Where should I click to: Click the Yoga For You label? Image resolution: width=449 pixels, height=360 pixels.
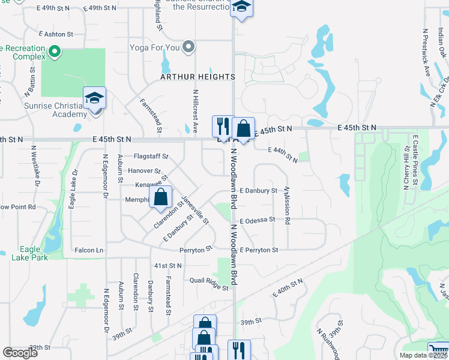coord(155,47)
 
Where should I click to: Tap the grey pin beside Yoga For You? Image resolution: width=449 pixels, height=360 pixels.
coord(189,46)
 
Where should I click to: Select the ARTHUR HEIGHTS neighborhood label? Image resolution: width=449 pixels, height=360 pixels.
coord(197,77)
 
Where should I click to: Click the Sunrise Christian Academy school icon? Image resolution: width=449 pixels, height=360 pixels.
coord(94,98)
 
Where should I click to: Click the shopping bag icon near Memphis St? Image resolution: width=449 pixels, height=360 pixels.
coord(161,197)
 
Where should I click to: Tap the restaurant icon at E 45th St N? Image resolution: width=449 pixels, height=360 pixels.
coord(223,127)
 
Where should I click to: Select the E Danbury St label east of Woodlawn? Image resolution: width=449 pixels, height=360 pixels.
coord(258,191)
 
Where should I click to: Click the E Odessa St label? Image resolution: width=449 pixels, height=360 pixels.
coord(258,220)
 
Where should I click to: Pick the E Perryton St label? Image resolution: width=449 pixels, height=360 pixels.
coord(259,250)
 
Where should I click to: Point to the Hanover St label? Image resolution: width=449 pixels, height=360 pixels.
coord(144,171)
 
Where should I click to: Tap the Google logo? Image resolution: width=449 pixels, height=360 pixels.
coord(20,353)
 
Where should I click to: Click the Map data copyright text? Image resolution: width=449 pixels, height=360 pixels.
coord(424,355)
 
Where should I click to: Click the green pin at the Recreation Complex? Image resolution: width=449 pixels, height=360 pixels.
coord(55,52)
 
